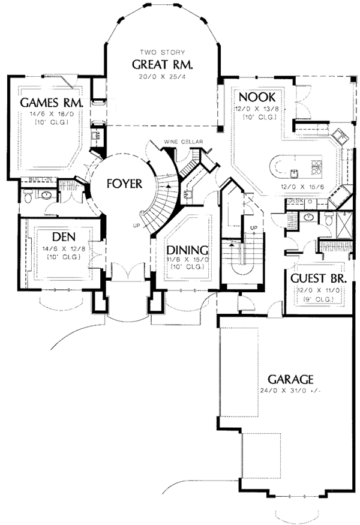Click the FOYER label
pos(124,184)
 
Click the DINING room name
pos(188,250)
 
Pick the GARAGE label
pos(290,379)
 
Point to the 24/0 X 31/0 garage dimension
pos(290,391)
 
